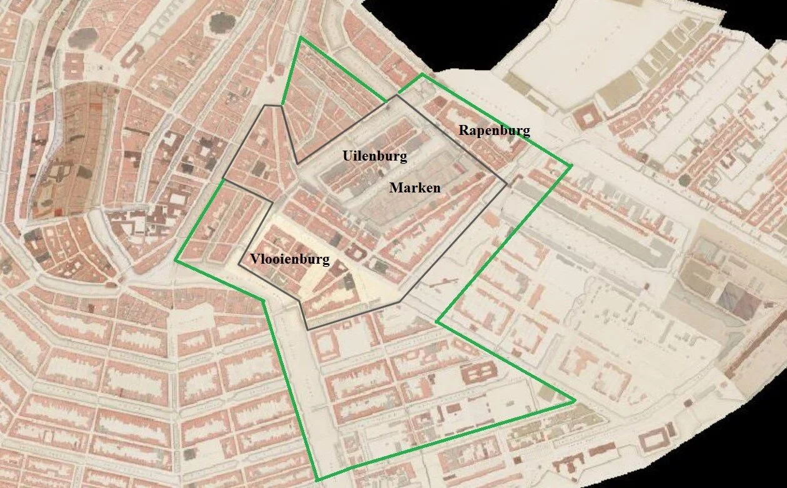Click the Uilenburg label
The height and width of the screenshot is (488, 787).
click(374, 155)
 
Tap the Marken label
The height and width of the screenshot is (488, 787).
click(415, 187)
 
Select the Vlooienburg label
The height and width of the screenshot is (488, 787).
click(290, 259)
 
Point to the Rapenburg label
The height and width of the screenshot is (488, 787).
click(494, 131)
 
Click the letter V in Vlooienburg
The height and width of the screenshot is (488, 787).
click(255, 259)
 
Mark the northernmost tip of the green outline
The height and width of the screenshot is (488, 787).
click(300, 37)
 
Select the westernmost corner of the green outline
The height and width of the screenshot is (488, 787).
click(176, 261)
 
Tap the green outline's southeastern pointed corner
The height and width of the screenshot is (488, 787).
click(575, 401)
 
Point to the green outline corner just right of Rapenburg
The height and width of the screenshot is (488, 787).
click(570, 166)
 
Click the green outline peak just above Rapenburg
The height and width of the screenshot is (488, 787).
click(422, 74)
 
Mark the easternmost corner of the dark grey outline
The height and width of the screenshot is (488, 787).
click(507, 184)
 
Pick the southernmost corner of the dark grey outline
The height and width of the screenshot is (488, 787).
click(308, 329)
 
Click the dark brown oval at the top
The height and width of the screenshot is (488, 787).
click(220, 24)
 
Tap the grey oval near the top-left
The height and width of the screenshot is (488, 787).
click(81, 39)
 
